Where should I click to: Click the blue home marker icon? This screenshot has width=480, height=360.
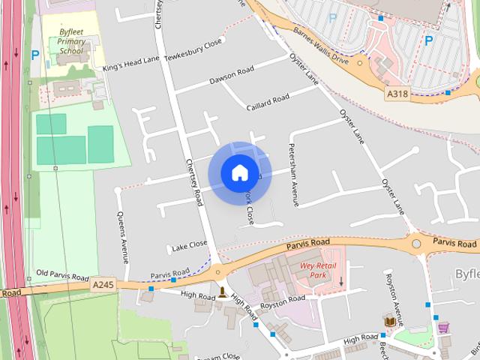239,173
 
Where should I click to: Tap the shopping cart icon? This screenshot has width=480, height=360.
443,327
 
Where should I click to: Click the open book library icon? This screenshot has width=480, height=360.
389,321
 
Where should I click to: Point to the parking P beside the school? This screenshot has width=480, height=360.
35,55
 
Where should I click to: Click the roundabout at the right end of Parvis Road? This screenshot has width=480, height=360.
416,244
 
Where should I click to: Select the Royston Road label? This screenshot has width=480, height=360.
283,300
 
